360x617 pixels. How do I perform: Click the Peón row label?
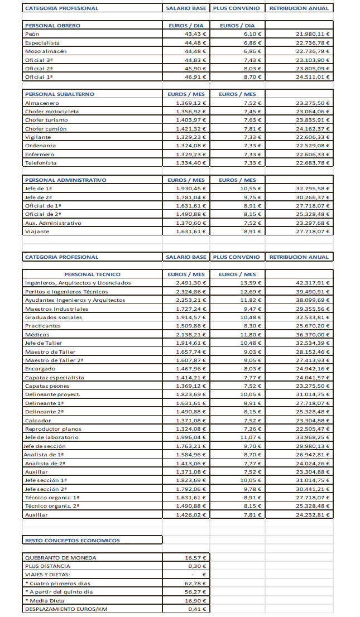click(32, 34)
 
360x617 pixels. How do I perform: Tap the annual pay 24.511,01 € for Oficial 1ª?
click(313, 77)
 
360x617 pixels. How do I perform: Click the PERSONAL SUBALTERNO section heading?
click(60, 94)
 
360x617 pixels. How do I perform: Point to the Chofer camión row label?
click(46, 129)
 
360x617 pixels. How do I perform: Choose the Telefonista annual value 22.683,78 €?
click(313, 163)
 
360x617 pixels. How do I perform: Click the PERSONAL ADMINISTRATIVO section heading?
click(65, 180)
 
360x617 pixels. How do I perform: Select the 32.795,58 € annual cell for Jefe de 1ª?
click(313, 189)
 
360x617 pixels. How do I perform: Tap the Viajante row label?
click(37, 232)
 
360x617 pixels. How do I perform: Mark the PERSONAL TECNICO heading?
click(92, 274)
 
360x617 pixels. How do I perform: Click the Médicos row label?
click(37, 335)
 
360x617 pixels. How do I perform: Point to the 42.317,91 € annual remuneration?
click(313, 283)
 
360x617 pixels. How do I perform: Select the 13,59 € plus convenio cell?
click(251, 283)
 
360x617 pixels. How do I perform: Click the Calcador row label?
click(38, 420)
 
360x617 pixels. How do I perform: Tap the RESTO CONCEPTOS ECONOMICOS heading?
click(73, 540)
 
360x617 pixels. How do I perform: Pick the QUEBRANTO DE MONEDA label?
click(60, 557)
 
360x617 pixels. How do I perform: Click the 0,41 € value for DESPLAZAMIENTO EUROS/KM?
click(198, 609)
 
